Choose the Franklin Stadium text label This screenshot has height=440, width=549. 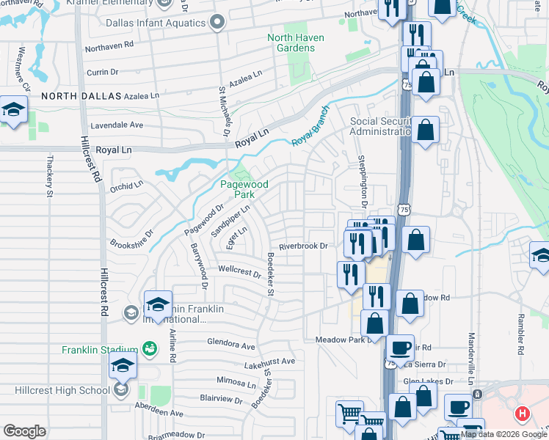[100, 349]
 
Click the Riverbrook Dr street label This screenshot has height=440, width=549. [302, 246]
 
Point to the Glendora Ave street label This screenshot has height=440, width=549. [230, 345]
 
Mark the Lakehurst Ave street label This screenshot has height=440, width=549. [269, 362]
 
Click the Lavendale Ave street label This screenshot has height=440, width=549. [116, 125]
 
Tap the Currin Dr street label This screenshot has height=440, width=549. [102, 72]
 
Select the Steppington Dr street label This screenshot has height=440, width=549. [362, 180]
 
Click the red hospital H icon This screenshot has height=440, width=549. [522, 414]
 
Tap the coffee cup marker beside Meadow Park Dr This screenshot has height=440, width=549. [400, 348]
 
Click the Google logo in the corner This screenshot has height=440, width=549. [25, 431]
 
